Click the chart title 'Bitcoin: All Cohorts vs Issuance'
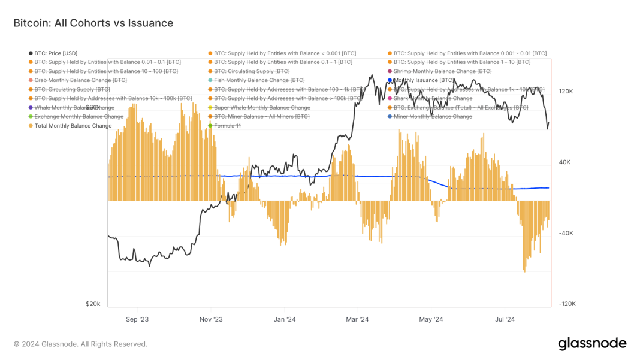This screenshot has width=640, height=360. click(93, 23)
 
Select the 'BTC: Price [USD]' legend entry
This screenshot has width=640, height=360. click(56, 53)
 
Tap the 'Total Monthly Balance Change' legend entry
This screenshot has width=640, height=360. click(73, 126)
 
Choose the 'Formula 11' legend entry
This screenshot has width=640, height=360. click(227, 126)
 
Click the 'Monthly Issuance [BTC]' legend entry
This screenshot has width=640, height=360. click(424, 80)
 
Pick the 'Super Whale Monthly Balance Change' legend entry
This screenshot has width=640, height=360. click(262, 108)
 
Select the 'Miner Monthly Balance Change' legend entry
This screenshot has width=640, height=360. click(433, 117)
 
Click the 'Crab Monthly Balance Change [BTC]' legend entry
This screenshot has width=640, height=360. click(80, 80)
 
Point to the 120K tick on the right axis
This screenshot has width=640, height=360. click(566, 92)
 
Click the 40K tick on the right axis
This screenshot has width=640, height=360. click(566, 162)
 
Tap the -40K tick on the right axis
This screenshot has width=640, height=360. click(566, 234)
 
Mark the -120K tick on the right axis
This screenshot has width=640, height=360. click(567, 304)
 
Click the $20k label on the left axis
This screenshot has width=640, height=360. click(93, 304)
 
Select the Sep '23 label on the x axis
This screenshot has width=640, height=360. click(137, 319)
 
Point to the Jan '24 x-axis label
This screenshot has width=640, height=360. click(285, 319)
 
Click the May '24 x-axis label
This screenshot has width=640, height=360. click(430, 319)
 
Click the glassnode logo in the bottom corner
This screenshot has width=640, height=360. click(592, 344)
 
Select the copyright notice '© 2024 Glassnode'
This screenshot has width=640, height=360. click(80, 344)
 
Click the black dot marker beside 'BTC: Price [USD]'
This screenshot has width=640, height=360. click(31, 53)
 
